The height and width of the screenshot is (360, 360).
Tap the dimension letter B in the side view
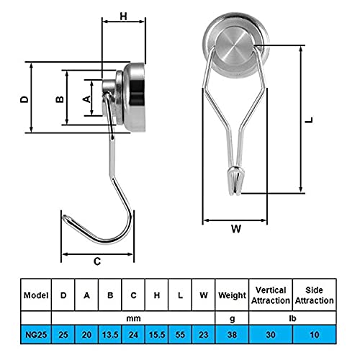tap(60, 99)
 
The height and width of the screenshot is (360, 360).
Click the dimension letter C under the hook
tap(97, 262)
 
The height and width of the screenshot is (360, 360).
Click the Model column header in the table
tap(35, 295)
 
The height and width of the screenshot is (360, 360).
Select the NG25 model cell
tap(35, 335)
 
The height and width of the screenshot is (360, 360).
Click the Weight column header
tap(231, 295)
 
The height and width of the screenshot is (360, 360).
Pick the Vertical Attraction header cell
tap(271, 295)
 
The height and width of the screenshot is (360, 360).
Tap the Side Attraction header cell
tap(315, 295)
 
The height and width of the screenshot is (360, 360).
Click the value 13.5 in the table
tap(110, 335)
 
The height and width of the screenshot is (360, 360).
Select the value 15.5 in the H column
tap(157, 335)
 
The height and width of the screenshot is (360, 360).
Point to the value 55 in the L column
tap(180, 335)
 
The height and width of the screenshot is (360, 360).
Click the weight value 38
tap(231, 335)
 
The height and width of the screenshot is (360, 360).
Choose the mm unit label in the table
tap(133, 317)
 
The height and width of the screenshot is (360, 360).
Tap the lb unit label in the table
tap(292, 317)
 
